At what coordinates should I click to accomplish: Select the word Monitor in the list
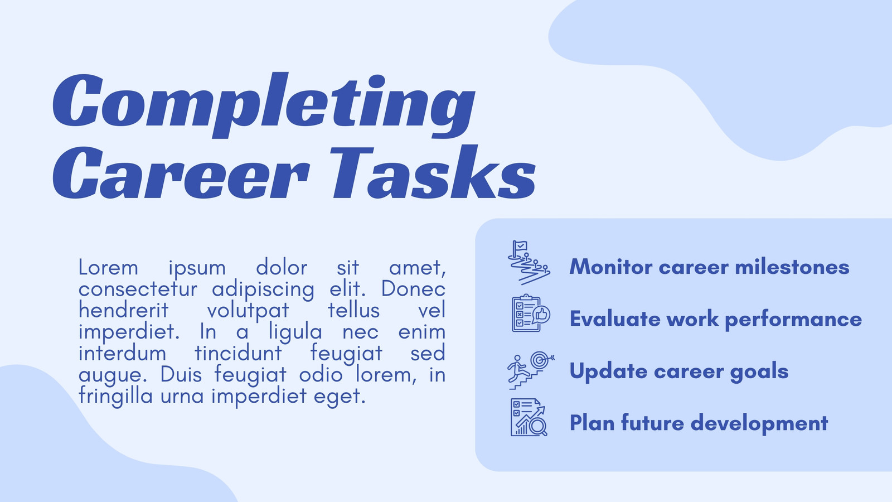[x=611, y=267]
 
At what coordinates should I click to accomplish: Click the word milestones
[x=792, y=267]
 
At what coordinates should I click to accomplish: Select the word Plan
[x=592, y=423]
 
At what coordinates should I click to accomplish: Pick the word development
[x=759, y=423]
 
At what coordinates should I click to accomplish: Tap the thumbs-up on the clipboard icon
[x=541, y=315]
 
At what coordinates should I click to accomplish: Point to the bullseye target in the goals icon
[x=540, y=360]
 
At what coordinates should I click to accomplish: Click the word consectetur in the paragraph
[x=138, y=289]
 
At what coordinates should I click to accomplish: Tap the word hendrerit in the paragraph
[x=123, y=310]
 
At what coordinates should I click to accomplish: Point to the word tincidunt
[x=238, y=353]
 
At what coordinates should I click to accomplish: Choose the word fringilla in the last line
[x=115, y=397]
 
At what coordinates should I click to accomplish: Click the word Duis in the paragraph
[x=181, y=374]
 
